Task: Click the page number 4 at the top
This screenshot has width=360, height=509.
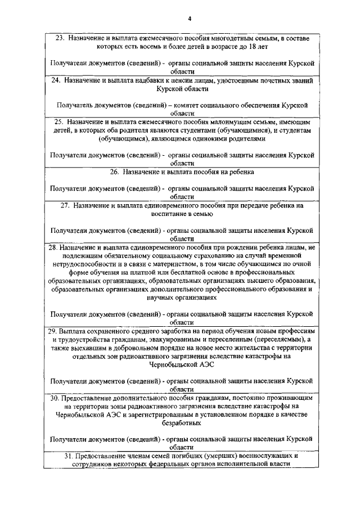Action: (x=190, y=19)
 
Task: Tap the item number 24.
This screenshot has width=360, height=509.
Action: (x=55, y=80)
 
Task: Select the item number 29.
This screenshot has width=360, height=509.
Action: (x=51, y=330)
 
